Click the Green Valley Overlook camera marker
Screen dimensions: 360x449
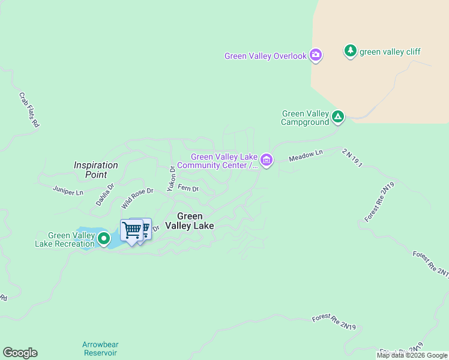316,56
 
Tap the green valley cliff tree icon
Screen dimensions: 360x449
351,51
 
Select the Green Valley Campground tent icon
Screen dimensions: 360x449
338,116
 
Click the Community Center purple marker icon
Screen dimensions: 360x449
267,160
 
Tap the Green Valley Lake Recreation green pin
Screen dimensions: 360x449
104,239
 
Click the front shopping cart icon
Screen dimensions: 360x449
131,230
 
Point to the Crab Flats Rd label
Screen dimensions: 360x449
29,109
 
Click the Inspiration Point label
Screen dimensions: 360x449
96,170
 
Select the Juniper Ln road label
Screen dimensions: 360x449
68,193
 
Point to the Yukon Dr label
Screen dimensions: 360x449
171,178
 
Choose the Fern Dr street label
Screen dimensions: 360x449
188,189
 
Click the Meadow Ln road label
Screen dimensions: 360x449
306,156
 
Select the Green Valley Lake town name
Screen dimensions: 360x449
196,221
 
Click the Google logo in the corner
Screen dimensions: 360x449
20,353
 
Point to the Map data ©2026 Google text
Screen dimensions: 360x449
412,355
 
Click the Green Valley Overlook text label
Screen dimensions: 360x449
265,56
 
